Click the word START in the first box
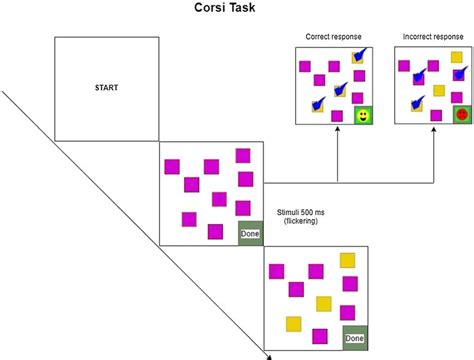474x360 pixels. (106, 87)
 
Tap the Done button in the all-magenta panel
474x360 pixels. (249, 234)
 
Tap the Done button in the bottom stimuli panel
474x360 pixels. (354, 338)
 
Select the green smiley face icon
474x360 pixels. (362, 117)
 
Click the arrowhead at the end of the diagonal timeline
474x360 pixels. (271, 353)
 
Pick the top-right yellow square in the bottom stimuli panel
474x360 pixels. (347, 261)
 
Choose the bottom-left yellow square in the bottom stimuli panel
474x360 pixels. (294, 323)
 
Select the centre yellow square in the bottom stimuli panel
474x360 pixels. (324, 303)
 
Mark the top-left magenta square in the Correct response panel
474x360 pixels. (307, 65)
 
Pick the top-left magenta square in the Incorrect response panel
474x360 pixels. (405, 65)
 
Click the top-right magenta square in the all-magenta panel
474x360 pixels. (242, 155)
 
